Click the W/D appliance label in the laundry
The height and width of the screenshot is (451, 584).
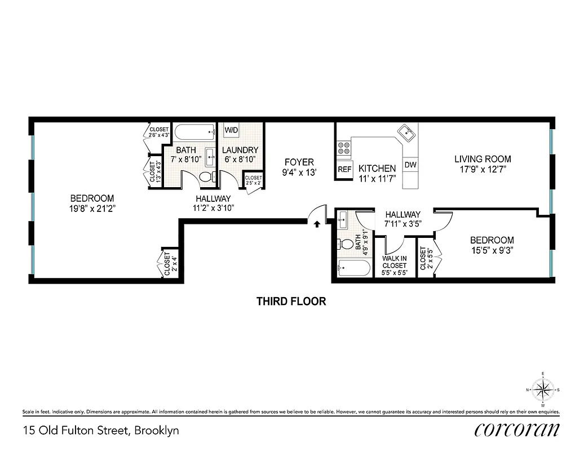click(231, 130)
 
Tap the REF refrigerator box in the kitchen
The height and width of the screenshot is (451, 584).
click(344, 169)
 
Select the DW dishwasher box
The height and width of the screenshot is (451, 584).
click(410, 166)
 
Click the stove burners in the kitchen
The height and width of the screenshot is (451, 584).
click(343, 149)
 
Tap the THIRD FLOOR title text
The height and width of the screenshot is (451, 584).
click(291, 301)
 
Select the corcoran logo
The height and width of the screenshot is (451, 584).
click(517, 430)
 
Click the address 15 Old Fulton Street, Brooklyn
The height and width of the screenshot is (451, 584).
click(101, 431)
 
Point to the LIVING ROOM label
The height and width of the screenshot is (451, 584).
click(483, 159)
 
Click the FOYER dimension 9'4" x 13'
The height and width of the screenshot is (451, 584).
click(298, 173)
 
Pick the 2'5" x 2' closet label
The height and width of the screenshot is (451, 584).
click(253, 180)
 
